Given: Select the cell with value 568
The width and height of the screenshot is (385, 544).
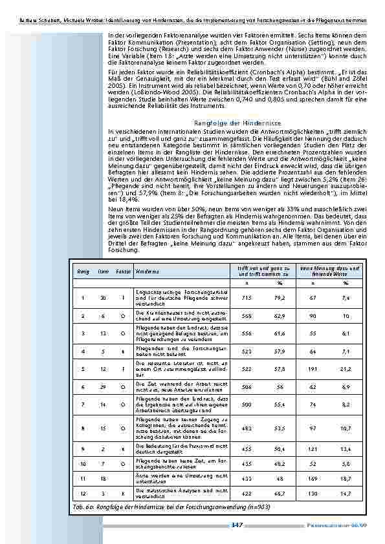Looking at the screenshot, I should pyautogui.click(x=247, y=317).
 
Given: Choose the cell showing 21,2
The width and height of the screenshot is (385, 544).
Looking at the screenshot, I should pyautogui.click(x=346, y=368).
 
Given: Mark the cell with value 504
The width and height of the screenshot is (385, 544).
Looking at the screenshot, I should pyautogui.click(x=247, y=386).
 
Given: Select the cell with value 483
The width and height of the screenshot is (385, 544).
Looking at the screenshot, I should pyautogui.click(x=247, y=428).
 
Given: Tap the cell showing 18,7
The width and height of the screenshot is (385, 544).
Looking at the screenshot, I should pyautogui.click(x=346, y=479).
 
